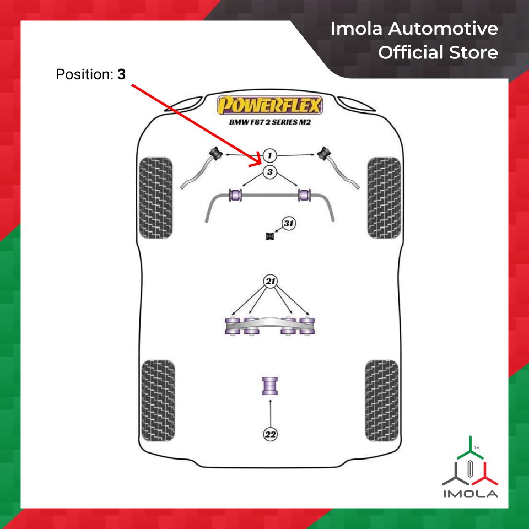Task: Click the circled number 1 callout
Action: [x=269, y=155]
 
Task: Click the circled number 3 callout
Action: [x=269, y=172]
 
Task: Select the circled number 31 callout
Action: [x=289, y=224]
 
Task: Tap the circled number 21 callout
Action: [x=270, y=282]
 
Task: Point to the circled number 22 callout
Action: [x=270, y=434]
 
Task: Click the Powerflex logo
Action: [x=270, y=105]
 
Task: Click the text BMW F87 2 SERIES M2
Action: [x=270, y=122]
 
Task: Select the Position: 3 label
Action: [x=91, y=74]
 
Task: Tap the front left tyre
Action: [x=155, y=198]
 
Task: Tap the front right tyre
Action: [x=384, y=198]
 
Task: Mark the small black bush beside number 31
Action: [x=270, y=236]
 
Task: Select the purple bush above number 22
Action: [x=270, y=385]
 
